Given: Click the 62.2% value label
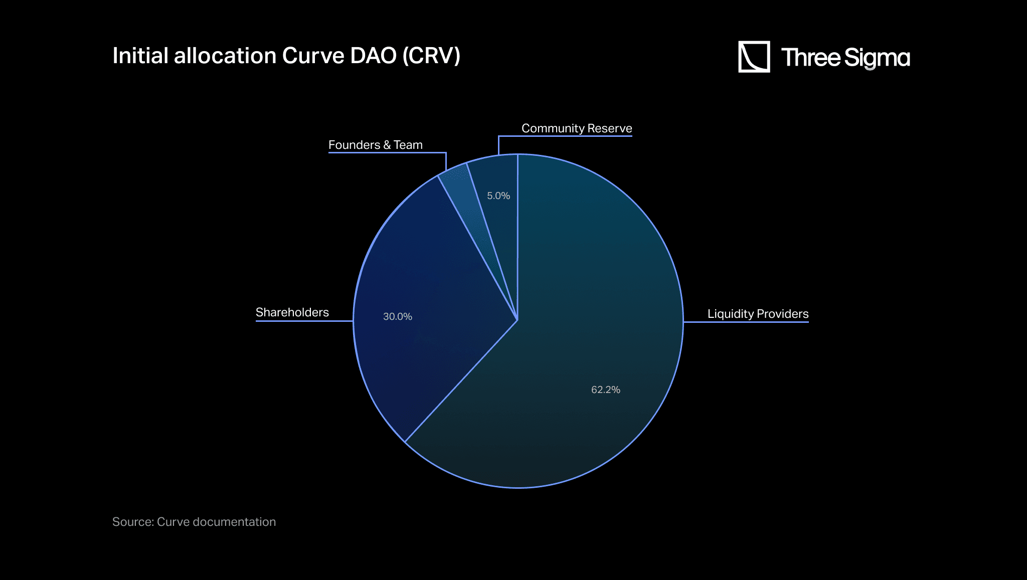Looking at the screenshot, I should click(606, 390).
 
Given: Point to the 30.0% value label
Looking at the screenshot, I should click(398, 316).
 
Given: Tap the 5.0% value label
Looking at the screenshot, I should click(498, 196).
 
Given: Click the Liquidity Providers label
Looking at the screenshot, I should click(758, 314).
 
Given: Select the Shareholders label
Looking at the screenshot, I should click(292, 312).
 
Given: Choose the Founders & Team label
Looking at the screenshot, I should click(376, 145).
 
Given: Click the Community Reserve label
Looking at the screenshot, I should click(577, 128).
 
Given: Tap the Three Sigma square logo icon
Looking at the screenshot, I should click(754, 57).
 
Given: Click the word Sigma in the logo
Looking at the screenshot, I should click(877, 58).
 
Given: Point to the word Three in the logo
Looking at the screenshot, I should click(810, 58).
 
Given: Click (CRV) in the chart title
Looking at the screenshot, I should click(431, 56).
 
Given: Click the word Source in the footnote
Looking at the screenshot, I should click(132, 522).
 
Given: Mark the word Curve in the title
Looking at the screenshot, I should click(313, 56).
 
